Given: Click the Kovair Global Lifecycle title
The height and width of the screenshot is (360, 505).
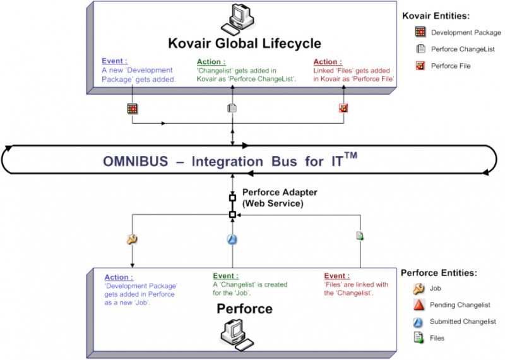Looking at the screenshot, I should point(244,44).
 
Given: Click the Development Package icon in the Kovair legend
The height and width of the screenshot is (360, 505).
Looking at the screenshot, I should point(419,32).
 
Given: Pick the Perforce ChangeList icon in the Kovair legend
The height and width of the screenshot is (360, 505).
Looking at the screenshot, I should point(419,49).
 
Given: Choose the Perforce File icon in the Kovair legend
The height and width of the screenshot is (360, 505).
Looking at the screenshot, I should point(419,66).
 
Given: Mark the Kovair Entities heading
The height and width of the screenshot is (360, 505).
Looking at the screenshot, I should point(436,16).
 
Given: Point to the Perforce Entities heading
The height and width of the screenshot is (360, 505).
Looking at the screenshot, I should point(439,273).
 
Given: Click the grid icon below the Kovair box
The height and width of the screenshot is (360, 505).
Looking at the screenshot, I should point(132,108).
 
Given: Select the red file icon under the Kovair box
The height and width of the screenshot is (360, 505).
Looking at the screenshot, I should point(343,108).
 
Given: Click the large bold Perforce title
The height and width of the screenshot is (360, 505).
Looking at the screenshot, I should point(244,309).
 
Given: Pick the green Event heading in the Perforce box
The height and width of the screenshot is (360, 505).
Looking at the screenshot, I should point(226,276).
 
